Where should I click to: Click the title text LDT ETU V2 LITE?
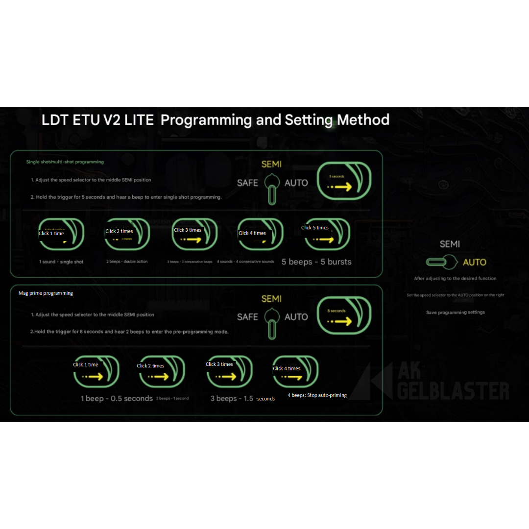[x=98, y=120]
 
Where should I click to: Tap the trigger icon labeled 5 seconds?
[x=344, y=180]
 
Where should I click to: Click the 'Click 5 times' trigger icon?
[x=327, y=234]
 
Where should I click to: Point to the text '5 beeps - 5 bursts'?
[x=316, y=262]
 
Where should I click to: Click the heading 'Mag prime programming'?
[x=46, y=293]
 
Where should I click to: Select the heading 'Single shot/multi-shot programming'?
[x=65, y=162]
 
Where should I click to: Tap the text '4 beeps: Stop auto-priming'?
[x=317, y=395]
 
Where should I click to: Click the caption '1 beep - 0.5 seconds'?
[x=117, y=399]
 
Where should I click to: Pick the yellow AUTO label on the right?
[x=474, y=262]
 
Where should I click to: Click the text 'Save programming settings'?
[x=456, y=313]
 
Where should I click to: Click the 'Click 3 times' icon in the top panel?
[x=194, y=234]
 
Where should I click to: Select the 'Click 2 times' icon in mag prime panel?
[x=161, y=371]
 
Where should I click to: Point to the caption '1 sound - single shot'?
[x=61, y=262]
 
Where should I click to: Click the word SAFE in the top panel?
[x=247, y=183]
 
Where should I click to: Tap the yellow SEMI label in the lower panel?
[x=271, y=299]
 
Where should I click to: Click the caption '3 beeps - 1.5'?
[x=232, y=399]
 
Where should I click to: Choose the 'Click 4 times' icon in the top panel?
[x=260, y=234]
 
